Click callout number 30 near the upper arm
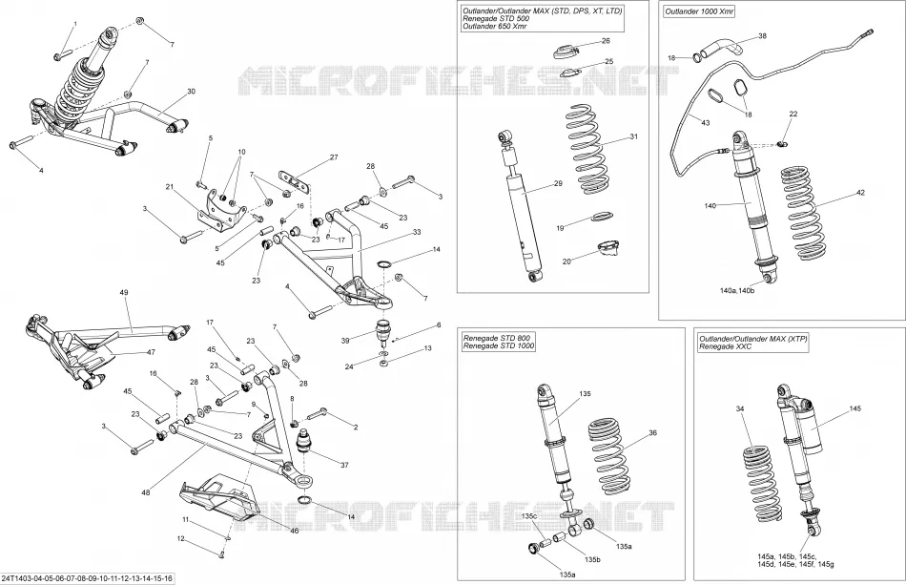tap(192, 92)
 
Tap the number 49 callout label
tap(124, 292)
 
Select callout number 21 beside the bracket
tap(170, 187)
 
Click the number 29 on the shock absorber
tap(558, 183)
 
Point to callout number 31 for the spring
tap(634, 137)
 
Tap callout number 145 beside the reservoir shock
tap(855, 408)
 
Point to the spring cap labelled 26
tap(566, 52)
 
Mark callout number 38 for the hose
tap(763, 36)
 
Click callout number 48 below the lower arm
tap(145, 492)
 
